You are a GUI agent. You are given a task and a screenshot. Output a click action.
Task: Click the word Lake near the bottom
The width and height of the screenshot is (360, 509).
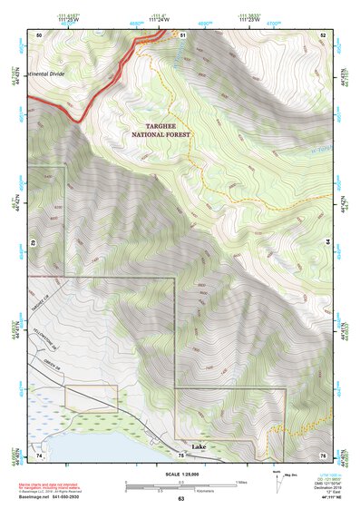(199, 447)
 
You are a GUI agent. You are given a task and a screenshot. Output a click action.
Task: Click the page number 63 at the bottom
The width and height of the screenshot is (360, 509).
(180, 498)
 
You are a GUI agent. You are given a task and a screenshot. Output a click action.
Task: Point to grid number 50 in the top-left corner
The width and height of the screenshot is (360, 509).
(39, 34)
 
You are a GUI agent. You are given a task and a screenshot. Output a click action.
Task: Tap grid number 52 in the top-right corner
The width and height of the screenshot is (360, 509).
(323, 34)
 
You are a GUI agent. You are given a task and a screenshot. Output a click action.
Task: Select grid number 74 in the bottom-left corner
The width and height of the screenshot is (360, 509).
(39, 453)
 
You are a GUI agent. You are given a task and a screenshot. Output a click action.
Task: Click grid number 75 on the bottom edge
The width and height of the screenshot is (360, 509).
(181, 453)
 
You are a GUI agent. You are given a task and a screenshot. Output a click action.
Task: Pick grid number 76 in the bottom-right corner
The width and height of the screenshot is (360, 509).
(323, 453)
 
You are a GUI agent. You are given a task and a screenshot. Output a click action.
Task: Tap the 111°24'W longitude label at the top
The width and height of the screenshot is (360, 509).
(158, 20)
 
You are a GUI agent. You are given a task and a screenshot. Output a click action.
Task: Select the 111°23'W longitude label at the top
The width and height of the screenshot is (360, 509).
(248, 20)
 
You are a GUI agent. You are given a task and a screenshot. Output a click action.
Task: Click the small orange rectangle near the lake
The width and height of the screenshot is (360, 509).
(91, 397)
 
